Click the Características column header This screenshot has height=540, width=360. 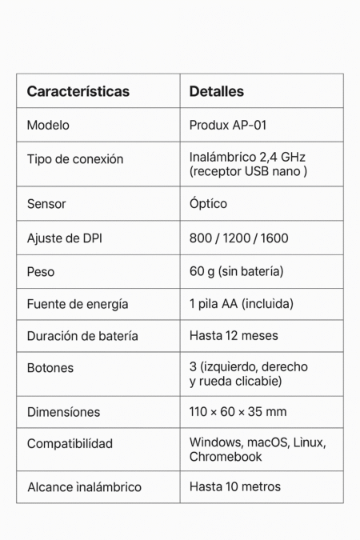pyautogui.click(x=78, y=91)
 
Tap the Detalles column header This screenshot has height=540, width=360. pyautogui.click(x=216, y=91)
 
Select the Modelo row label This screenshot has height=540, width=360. pyautogui.click(x=48, y=125)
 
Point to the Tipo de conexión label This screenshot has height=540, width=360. pyautogui.click(x=75, y=159)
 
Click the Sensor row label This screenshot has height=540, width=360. pyautogui.click(x=46, y=204)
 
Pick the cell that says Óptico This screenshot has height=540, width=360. pyautogui.click(x=208, y=204)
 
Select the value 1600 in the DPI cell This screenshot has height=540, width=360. pyautogui.click(x=274, y=238)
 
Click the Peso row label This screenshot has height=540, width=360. pyautogui.click(x=41, y=272)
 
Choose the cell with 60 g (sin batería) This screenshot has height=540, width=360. pyautogui.click(x=236, y=272)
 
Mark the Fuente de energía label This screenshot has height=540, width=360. pyautogui.click(x=78, y=304)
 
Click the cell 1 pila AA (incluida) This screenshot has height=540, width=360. pyautogui.click(x=242, y=304)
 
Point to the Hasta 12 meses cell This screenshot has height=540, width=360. pyautogui.click(x=234, y=336)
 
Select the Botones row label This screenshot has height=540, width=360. pyautogui.click(x=50, y=368)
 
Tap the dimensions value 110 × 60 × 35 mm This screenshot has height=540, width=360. pyautogui.click(x=238, y=412)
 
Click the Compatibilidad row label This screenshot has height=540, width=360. pyautogui.click(x=70, y=443)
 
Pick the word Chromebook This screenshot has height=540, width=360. pyautogui.click(x=226, y=457)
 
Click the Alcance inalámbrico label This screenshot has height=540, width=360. pyautogui.click(x=84, y=486)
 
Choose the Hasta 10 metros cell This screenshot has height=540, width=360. pyautogui.click(x=235, y=486)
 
